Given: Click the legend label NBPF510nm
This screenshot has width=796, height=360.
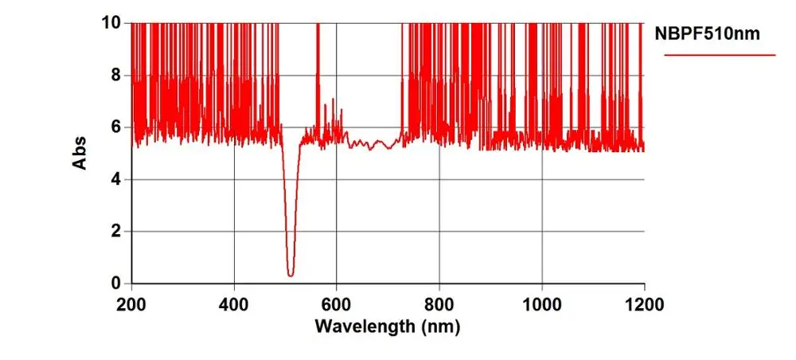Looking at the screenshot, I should (x=705, y=34).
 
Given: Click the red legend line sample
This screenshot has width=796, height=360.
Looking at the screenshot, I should (x=720, y=55).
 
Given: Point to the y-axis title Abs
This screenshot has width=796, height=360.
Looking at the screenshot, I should (x=80, y=153).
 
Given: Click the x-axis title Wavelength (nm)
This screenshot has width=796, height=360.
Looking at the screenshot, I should (x=387, y=326).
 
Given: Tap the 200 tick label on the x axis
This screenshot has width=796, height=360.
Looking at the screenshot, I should (x=131, y=303).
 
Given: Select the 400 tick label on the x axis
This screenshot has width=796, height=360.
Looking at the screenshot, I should (x=234, y=303).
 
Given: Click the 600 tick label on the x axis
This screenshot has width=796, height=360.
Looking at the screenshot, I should (x=337, y=303).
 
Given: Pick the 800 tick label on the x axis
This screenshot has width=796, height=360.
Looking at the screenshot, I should (x=439, y=303).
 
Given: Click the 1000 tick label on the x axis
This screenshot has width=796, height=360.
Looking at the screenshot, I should (x=541, y=303).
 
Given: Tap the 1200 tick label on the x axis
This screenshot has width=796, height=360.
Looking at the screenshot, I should (x=644, y=303).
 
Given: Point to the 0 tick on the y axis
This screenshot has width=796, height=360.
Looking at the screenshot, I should (x=116, y=284).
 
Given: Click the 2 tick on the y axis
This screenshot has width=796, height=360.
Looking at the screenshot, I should (x=116, y=232).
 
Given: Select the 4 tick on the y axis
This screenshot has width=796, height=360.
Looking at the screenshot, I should (x=116, y=179).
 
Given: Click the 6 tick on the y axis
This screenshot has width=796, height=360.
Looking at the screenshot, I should (x=116, y=127).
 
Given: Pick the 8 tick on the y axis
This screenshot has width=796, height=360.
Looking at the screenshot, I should (x=116, y=75).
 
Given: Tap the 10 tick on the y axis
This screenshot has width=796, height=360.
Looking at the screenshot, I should (x=112, y=23).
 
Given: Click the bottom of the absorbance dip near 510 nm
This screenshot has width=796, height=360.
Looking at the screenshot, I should (x=291, y=275).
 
